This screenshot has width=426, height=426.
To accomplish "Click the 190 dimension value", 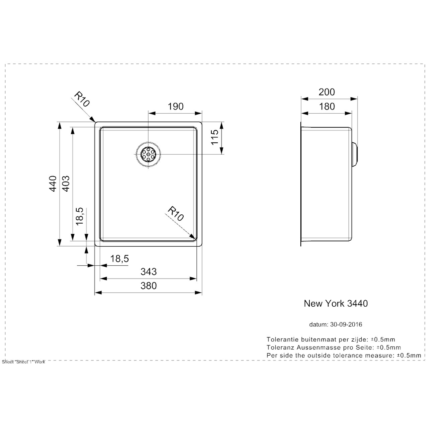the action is click(x=176, y=106).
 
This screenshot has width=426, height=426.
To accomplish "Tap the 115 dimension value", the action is click(x=215, y=137).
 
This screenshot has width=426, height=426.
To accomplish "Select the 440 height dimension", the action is click(x=53, y=184).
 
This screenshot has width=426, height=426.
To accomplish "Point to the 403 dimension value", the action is click(x=66, y=184).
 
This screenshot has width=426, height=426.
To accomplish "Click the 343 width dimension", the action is click(x=149, y=271).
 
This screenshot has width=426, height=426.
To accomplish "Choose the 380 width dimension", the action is click(x=149, y=285).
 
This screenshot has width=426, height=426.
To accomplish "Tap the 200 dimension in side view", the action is click(x=327, y=92).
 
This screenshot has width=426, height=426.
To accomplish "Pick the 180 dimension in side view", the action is click(x=327, y=106).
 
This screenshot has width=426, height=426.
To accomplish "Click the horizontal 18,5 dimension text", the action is click(x=120, y=259).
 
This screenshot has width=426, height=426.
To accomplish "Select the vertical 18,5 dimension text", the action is click(x=79, y=216).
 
